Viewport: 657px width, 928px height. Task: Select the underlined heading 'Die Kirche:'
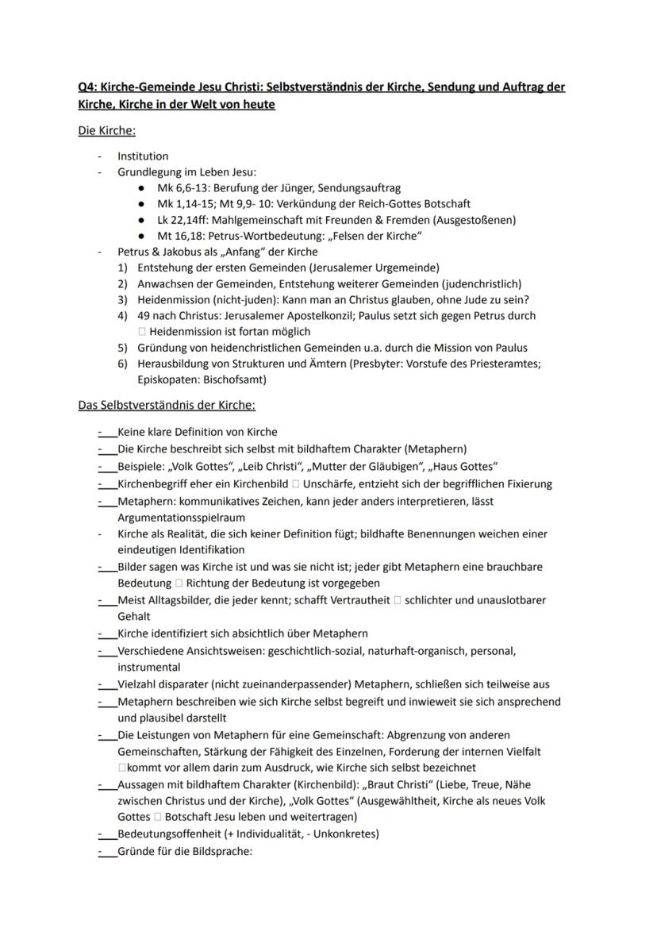click(106, 130)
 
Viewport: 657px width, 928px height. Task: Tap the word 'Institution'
click(143, 156)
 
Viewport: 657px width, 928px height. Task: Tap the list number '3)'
click(123, 299)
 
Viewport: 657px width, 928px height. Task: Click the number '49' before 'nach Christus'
click(144, 315)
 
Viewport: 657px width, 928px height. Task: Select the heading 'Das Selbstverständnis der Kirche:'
click(167, 406)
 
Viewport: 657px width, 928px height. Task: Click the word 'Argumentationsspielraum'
click(179, 516)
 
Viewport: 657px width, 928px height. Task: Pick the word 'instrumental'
click(148, 668)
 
